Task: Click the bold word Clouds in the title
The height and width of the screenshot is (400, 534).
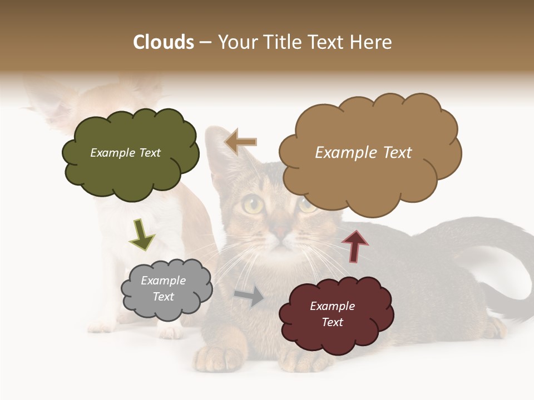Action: (x=164, y=42)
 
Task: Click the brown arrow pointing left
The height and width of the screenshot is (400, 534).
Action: (x=240, y=142)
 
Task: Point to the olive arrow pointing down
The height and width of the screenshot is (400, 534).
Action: (x=142, y=234)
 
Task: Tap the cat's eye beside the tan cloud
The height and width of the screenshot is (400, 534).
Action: (x=308, y=204)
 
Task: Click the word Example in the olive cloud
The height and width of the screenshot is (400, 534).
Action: (x=111, y=153)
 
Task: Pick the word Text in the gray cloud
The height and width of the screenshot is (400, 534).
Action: (x=164, y=297)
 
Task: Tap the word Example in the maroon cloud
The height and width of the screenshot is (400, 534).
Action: (x=332, y=306)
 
